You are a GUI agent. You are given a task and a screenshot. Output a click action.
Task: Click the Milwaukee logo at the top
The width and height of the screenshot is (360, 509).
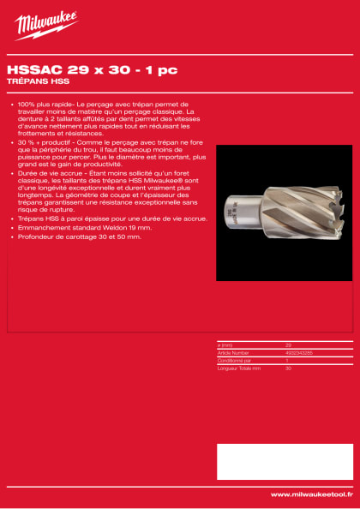tap(45, 25)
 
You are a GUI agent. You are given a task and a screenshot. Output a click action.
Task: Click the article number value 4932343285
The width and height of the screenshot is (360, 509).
tap(299, 352)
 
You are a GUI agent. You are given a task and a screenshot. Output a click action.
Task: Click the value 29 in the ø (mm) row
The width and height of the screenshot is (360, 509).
tap(288, 345)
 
